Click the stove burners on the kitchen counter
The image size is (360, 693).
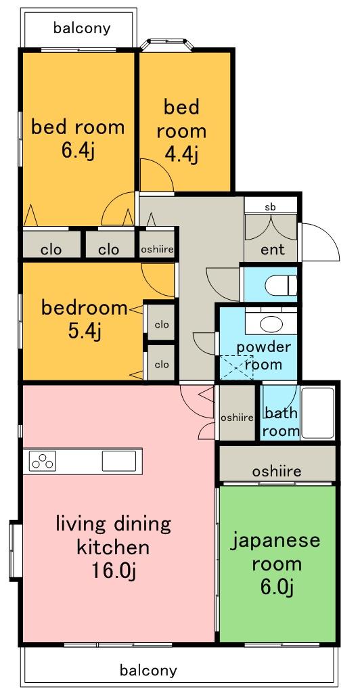(x=43, y=461)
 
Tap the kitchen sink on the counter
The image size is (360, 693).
(x=119, y=461)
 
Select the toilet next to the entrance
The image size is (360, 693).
(x=282, y=286)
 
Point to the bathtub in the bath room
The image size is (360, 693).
(x=317, y=413)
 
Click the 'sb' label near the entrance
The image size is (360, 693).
(x=270, y=206)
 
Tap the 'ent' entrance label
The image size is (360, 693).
(x=273, y=249)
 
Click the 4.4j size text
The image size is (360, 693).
(x=181, y=154)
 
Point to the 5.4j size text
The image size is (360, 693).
(x=85, y=331)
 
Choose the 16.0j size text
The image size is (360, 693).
(x=112, y=571)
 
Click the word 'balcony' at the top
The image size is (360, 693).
(x=82, y=28)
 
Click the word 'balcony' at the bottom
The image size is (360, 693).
(x=148, y=671)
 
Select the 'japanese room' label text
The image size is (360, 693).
(x=275, y=552)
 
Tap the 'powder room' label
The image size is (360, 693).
(x=264, y=355)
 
